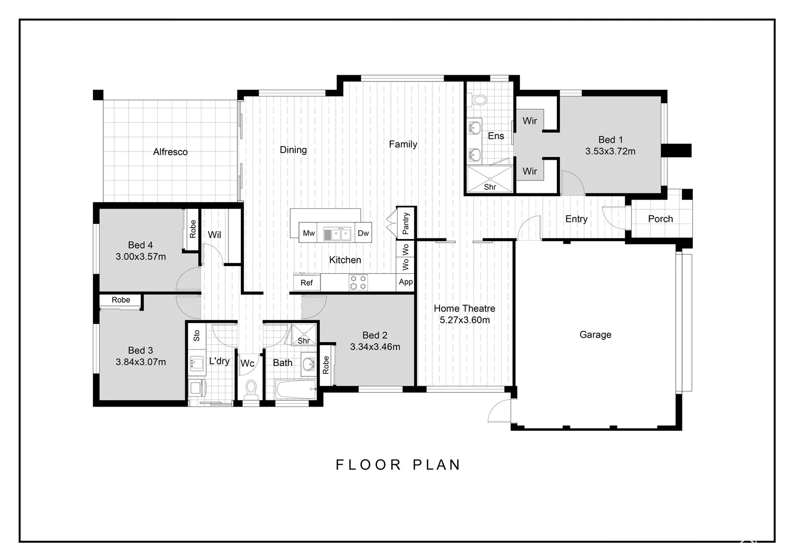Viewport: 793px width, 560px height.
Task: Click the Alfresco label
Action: point(170,152)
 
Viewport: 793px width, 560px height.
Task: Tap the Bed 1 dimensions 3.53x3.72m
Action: point(610,151)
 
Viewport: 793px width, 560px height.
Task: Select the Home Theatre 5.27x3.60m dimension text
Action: point(464,320)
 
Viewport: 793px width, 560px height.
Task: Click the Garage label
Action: point(595,335)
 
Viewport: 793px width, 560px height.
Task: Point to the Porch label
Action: point(660,219)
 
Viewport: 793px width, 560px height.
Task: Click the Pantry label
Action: point(406,223)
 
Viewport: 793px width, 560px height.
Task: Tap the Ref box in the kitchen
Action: point(307,283)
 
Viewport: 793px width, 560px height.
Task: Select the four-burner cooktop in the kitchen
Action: point(358,283)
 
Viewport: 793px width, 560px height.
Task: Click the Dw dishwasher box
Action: point(363,233)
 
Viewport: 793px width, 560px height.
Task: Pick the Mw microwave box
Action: point(309,233)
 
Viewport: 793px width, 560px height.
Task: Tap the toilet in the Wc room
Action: point(251,389)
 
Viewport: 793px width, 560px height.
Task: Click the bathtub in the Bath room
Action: point(295,389)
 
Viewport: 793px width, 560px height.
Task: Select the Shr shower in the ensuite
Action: point(490,179)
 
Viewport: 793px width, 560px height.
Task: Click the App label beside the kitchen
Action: point(406,282)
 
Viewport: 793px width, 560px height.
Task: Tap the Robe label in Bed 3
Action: point(121,300)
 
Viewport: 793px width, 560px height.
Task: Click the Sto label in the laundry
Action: point(197,335)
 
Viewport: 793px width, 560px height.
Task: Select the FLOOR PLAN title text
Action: point(398,465)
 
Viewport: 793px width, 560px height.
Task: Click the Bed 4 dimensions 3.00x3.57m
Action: point(141,257)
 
